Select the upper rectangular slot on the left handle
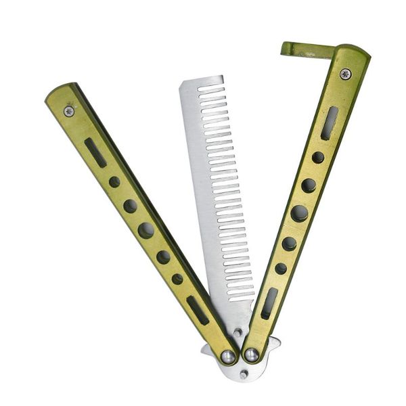(95, 152)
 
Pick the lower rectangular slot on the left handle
(198, 309)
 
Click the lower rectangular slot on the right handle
(269, 303)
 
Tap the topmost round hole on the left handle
(114, 182)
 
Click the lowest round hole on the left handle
(177, 279)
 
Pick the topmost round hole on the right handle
(318, 158)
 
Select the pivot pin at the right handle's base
(252, 355)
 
